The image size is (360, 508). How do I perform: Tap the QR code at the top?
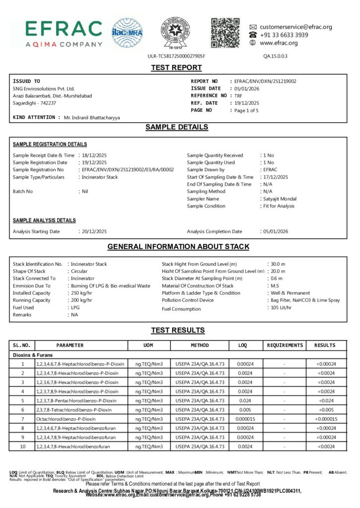[225, 32]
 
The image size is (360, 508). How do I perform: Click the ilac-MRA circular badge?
[127, 33]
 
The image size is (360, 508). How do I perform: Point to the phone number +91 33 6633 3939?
[284, 35]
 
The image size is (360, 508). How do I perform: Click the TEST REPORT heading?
[176, 67]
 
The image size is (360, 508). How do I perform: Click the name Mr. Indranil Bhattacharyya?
[92, 118]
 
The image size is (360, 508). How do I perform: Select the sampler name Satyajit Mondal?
[280, 199]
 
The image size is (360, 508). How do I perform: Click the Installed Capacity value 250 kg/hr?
[82, 293]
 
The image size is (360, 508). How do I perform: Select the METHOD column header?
[200, 345]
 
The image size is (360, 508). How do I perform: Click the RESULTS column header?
[325, 345]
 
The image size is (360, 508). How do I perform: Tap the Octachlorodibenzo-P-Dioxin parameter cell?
[66, 419]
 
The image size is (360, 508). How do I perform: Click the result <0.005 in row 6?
[325, 410]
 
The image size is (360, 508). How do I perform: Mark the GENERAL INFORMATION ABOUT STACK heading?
[178, 247]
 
